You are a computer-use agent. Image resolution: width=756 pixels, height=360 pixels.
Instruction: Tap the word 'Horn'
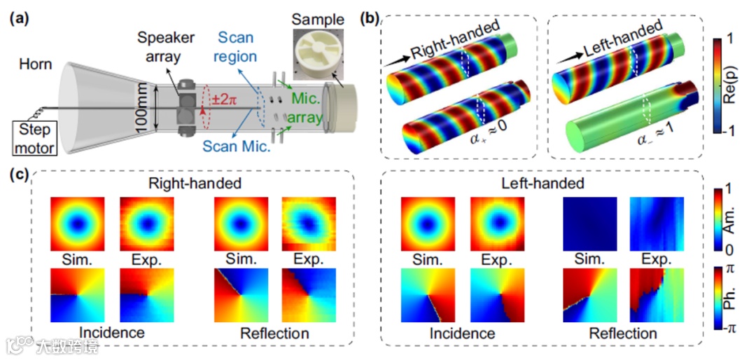[36, 64]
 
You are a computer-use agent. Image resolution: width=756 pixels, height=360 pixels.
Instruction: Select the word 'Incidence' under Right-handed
[113, 332]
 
